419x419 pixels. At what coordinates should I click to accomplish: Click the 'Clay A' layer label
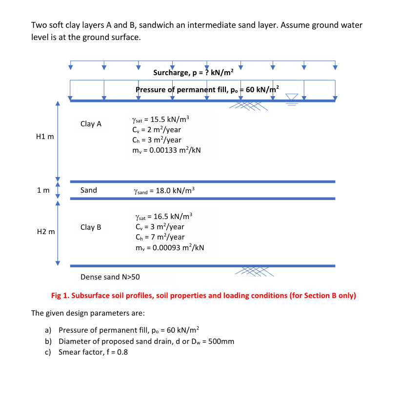click(x=91, y=124)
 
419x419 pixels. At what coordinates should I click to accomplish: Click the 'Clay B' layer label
click(x=91, y=227)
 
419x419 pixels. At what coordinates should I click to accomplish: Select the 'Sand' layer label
click(x=89, y=190)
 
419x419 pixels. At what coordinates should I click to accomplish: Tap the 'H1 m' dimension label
click(x=45, y=137)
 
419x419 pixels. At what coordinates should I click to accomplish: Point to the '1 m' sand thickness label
click(x=42, y=190)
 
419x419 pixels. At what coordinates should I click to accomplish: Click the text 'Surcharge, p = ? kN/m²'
click(x=194, y=73)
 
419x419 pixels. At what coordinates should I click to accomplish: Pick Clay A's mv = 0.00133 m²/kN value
click(x=166, y=151)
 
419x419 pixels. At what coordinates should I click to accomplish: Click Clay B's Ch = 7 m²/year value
click(x=160, y=237)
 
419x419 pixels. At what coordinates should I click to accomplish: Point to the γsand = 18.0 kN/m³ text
click(x=164, y=190)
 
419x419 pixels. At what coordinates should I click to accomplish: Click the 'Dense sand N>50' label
click(x=110, y=277)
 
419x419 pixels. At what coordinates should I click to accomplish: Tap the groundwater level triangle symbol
click(x=291, y=97)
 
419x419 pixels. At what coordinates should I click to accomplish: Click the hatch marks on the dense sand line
click(x=254, y=271)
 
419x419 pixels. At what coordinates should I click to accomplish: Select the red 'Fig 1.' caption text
click(x=203, y=296)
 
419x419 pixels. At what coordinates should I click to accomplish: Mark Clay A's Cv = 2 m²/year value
click(x=157, y=130)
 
